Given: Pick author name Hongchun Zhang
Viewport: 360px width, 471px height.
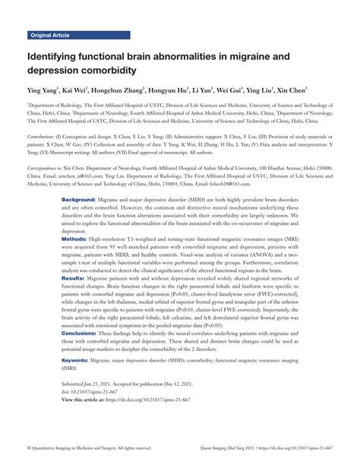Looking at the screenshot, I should pyautogui.click(x=122, y=90).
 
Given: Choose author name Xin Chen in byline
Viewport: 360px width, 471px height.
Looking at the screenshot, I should pyautogui.click(x=291, y=90).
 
